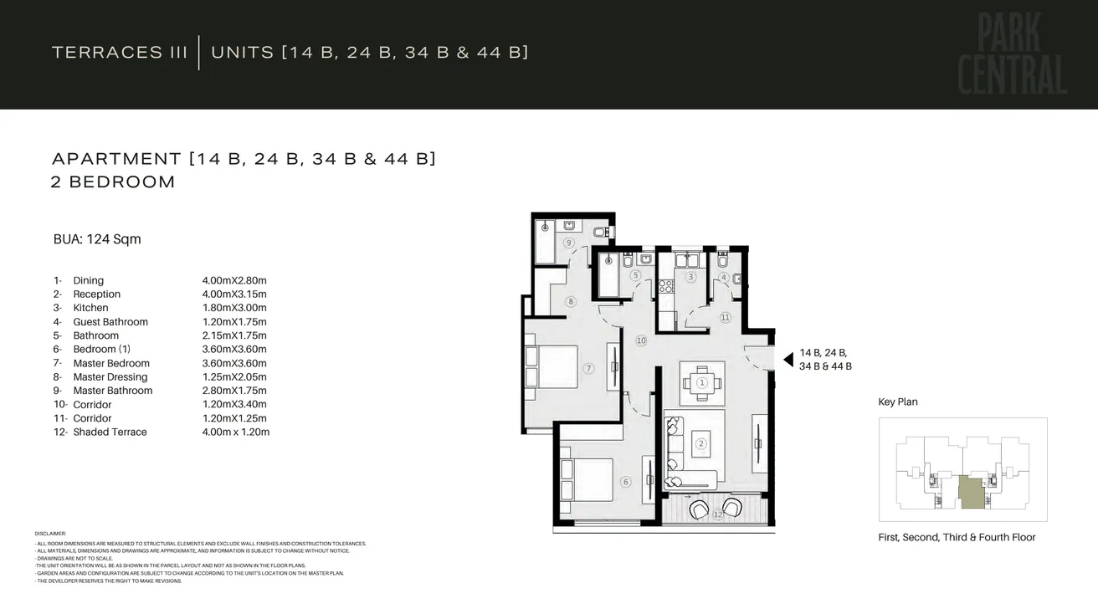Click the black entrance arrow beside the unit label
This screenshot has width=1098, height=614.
click(788, 360)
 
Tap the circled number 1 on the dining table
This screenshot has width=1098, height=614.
click(702, 382)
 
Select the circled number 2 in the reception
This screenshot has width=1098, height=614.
click(701, 444)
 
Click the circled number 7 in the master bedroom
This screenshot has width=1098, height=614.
click(588, 368)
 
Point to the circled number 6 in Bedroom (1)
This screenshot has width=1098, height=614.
click(624, 482)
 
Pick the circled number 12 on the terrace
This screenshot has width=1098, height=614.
click(717, 515)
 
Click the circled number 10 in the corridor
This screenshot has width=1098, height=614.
click(641, 340)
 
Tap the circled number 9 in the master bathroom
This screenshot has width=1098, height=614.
click(568, 243)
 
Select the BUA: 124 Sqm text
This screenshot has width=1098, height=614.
click(97, 239)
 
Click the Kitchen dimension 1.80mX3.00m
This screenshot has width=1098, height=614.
click(234, 308)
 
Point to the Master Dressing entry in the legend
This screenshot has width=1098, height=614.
click(110, 377)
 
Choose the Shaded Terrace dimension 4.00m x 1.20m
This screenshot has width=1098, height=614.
click(236, 432)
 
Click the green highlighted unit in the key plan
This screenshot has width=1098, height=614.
click(971, 492)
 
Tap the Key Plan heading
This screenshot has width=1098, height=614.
click(897, 402)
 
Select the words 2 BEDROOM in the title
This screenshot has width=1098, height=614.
click(113, 182)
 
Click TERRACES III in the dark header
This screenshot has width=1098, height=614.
click(120, 53)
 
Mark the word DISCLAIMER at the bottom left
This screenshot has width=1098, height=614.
click(50, 534)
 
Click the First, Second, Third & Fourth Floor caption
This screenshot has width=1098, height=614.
click(957, 538)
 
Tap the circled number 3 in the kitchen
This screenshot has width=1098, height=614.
click(690, 277)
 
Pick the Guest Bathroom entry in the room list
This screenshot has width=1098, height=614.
click(110, 322)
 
